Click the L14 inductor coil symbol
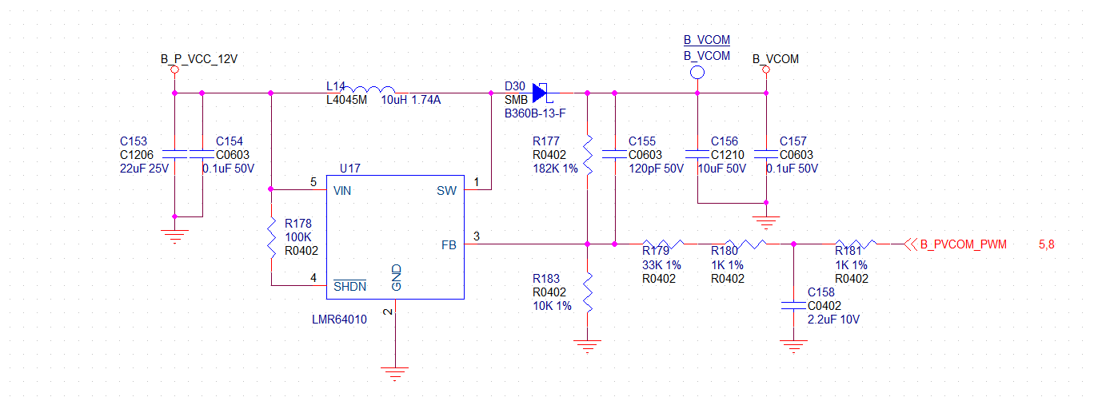(x=373, y=90)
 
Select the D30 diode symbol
(x=541, y=93)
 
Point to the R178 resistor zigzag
(x=271, y=237)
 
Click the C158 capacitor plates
(x=793, y=304)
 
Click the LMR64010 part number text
(x=339, y=319)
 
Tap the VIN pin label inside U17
(x=342, y=191)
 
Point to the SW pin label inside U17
(x=446, y=191)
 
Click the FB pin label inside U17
(x=449, y=245)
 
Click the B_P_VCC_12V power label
(x=199, y=59)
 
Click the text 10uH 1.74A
(x=411, y=100)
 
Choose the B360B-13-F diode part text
(x=534, y=114)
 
